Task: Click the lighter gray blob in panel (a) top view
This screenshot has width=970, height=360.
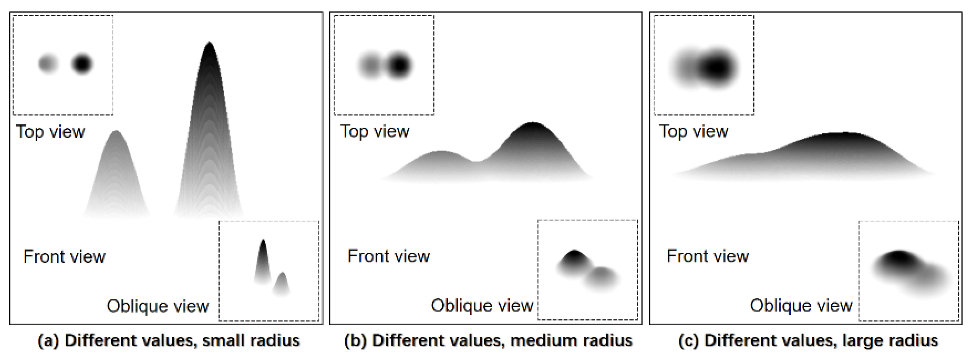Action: coord(48,63)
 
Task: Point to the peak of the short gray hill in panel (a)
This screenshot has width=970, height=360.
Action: coord(116,134)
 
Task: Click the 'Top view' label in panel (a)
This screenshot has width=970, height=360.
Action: coord(50,132)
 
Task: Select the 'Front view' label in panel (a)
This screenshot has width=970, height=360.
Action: coord(64,256)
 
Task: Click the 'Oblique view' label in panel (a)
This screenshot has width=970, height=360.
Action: coord(158,306)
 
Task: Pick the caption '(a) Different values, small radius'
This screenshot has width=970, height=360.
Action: coord(169,340)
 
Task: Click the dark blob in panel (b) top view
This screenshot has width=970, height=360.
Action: coord(399,66)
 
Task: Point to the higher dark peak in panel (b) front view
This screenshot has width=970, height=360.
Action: coord(532,126)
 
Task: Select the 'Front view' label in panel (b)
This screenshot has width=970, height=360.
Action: coord(389,256)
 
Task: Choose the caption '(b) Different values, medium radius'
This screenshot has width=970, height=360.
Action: coord(488,340)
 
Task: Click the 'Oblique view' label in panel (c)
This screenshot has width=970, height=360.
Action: coord(801,305)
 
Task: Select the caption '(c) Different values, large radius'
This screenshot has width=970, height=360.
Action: coord(808,340)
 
